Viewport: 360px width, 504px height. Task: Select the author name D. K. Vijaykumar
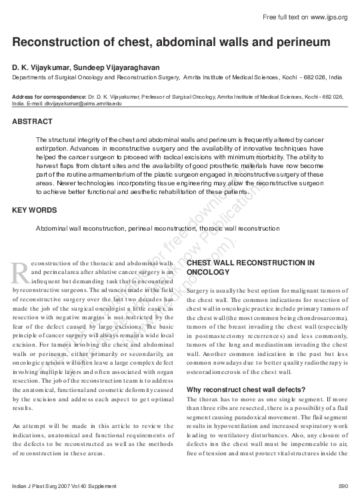point(40,68)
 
